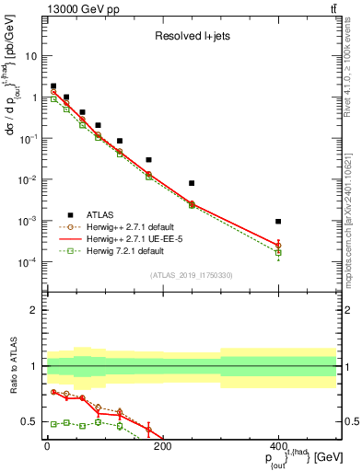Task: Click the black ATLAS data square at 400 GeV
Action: [x=278, y=222]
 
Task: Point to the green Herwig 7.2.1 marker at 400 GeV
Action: [x=278, y=252]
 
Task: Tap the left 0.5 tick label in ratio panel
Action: [x=30, y=421]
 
